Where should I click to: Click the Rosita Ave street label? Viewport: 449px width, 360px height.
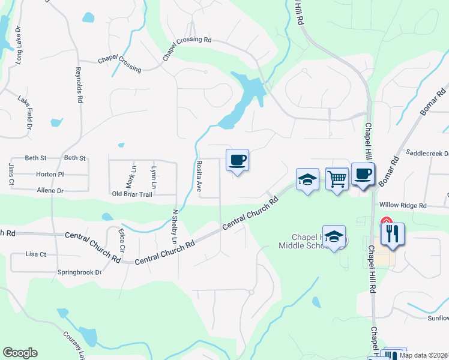tap(199, 175)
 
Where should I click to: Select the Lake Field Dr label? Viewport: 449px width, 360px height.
tap(24, 112)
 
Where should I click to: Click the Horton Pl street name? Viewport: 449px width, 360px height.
tap(50, 174)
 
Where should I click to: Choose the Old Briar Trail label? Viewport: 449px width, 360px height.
tap(132, 194)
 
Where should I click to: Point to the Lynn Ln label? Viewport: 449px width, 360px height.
tap(154, 176)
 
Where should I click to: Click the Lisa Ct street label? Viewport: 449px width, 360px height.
tap(36, 254)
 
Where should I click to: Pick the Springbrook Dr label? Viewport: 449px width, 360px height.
tap(80, 272)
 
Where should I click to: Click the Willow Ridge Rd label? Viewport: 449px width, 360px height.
tap(402, 205)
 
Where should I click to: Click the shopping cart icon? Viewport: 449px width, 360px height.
tap(337, 178)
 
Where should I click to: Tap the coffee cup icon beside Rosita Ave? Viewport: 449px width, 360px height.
tap(237, 160)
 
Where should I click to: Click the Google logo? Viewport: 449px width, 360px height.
tap(20, 353)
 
